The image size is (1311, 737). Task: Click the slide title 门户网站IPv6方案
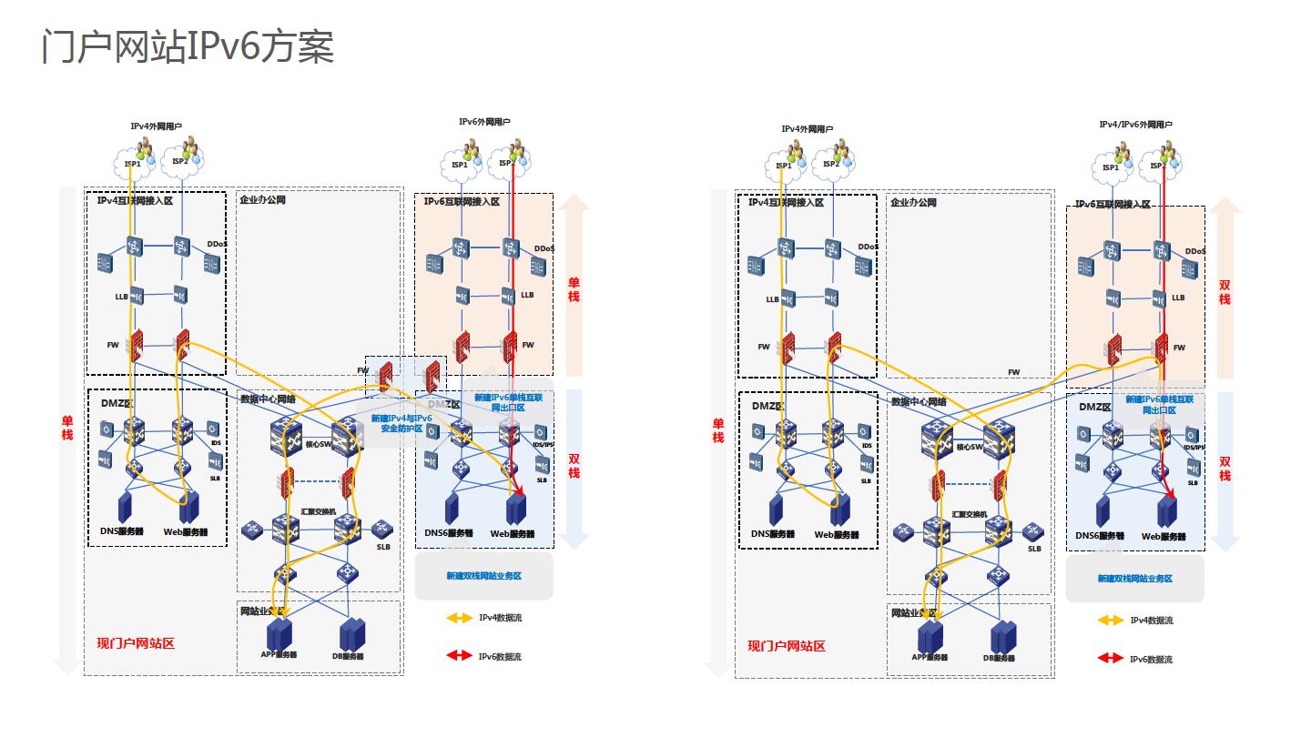(x=188, y=46)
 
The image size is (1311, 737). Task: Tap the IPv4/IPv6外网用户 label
(x=1135, y=125)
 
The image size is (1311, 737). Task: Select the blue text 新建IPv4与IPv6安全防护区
(x=401, y=423)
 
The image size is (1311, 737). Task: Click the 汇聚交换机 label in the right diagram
(x=970, y=514)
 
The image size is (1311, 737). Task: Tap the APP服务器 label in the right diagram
(x=930, y=657)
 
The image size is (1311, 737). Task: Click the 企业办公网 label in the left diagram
(x=262, y=199)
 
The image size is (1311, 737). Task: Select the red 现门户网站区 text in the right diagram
(x=787, y=646)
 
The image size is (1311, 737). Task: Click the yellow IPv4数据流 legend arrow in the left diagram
(x=460, y=619)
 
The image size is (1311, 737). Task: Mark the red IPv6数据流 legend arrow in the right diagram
(x=1111, y=658)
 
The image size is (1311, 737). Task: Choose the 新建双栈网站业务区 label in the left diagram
(x=483, y=576)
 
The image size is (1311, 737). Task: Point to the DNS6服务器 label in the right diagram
(x=1100, y=536)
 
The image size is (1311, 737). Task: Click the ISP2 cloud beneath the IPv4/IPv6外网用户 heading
(x=1157, y=167)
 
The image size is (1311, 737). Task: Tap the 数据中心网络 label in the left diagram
(x=268, y=399)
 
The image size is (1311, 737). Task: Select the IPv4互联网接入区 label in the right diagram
(x=786, y=202)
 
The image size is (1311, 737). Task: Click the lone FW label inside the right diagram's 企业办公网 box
(x=1014, y=372)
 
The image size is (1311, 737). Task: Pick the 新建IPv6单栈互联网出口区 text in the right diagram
(x=1159, y=405)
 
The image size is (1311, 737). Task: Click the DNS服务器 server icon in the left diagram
(x=125, y=506)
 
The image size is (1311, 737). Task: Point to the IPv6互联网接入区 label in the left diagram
(x=462, y=201)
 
